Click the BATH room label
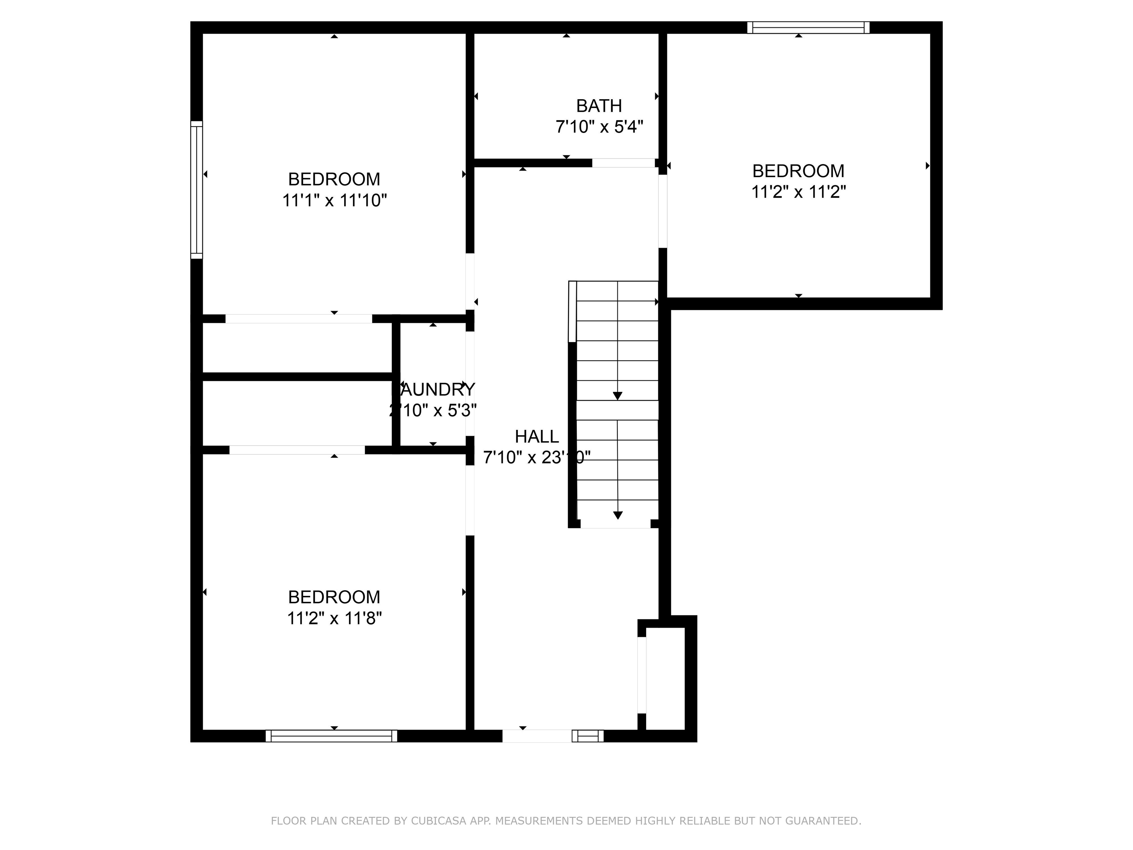pyautogui.click(x=599, y=106)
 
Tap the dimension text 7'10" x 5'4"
pyautogui.click(x=599, y=127)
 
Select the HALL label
pyautogui.click(x=536, y=436)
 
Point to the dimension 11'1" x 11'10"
pyautogui.click(x=334, y=200)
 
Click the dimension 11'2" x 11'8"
pyautogui.click(x=334, y=618)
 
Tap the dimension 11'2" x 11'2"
pyautogui.click(x=798, y=191)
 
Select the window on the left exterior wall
pyautogui.click(x=197, y=190)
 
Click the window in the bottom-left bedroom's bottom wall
pyautogui.click(x=332, y=736)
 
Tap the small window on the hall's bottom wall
pyautogui.click(x=588, y=736)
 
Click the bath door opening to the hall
pyautogui.click(x=623, y=163)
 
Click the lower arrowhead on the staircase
pyautogui.click(x=618, y=515)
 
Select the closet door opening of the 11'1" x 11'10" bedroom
pyautogui.click(x=299, y=319)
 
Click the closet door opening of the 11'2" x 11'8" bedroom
pyautogui.click(x=297, y=450)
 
